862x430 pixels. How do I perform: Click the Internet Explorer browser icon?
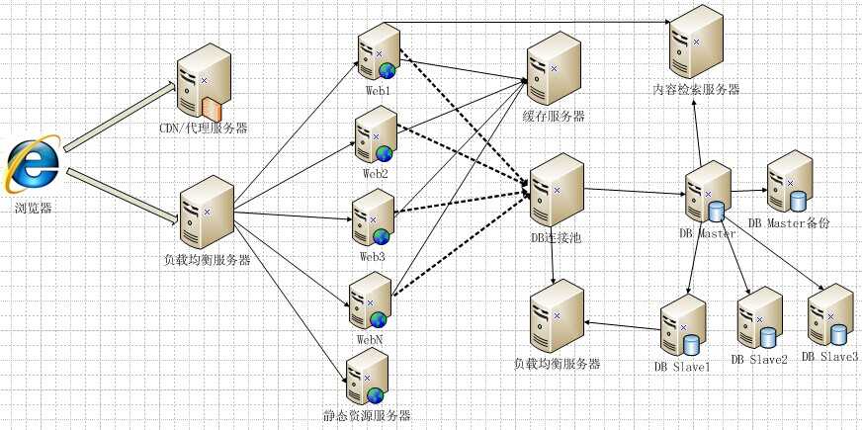(32, 164)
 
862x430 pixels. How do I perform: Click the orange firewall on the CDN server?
(212, 109)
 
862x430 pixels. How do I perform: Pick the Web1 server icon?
(379, 51)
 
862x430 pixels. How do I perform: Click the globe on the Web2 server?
(385, 153)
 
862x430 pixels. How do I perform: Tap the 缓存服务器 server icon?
(554, 68)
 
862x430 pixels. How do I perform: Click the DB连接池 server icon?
(556, 190)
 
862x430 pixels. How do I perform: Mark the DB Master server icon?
(708, 192)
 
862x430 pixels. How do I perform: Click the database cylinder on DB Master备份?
(798, 201)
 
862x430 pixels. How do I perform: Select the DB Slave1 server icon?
(683, 325)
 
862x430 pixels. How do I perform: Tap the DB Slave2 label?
(759, 360)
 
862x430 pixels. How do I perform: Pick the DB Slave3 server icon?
(830, 314)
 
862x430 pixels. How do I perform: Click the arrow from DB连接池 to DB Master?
(634, 192)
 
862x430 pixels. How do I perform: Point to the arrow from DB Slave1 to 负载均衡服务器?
(622, 325)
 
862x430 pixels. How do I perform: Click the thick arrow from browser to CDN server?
(120, 117)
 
